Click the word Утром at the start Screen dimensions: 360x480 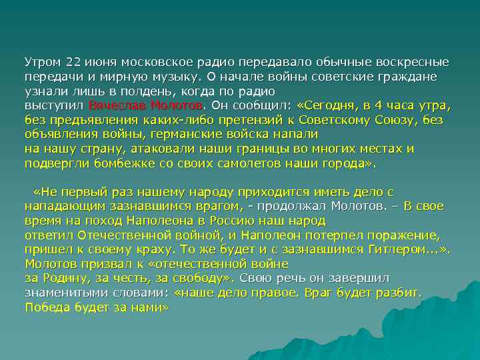tap(41, 63)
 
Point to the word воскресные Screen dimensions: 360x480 tap(413, 63)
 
